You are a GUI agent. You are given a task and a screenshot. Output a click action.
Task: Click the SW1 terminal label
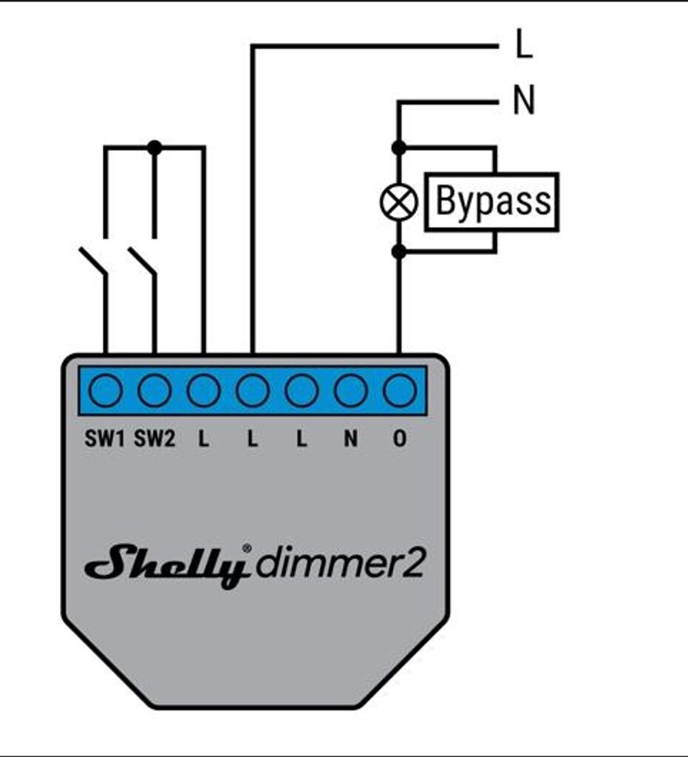click(106, 439)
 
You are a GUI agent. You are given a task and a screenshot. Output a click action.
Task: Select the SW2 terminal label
click(155, 439)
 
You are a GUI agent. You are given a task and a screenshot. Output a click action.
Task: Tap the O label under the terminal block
click(400, 439)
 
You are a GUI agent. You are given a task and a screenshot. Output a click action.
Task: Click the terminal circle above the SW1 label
click(106, 390)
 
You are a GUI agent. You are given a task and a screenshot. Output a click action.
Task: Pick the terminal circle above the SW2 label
click(154, 390)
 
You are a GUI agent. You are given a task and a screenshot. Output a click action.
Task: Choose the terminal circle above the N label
click(350, 390)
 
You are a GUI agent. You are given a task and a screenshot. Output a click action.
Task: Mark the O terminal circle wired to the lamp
click(400, 390)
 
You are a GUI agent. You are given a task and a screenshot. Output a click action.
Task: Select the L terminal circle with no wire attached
click(302, 390)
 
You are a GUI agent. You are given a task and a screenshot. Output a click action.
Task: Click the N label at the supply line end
click(523, 102)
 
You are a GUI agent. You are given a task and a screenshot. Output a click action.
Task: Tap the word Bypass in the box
click(493, 202)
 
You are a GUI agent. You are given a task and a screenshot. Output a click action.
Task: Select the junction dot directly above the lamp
click(398, 148)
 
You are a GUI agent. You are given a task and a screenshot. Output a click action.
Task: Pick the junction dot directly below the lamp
click(398, 252)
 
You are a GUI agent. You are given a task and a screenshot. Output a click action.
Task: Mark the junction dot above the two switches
click(154, 148)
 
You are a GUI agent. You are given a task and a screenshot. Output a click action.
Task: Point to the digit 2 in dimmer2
click(414, 566)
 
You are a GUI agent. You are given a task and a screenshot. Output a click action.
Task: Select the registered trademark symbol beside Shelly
click(247, 549)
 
